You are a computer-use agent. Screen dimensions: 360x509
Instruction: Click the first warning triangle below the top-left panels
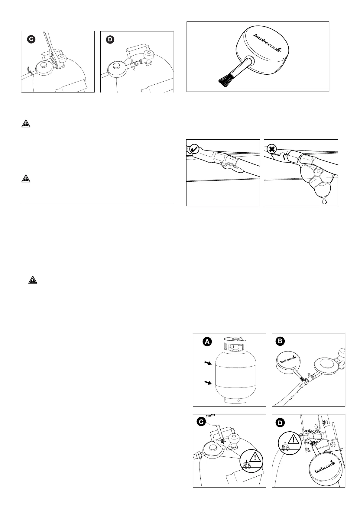[26, 124]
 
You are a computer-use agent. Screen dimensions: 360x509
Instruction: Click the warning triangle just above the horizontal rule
[26, 179]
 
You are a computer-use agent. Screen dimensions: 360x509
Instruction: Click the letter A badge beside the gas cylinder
[207, 342]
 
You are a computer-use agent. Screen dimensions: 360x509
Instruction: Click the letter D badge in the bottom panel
[280, 423]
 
